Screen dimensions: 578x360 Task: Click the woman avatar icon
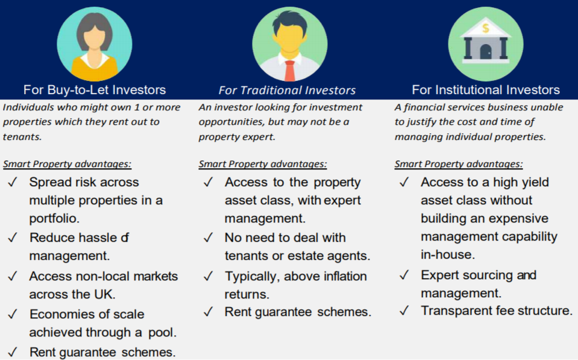click(x=95, y=44)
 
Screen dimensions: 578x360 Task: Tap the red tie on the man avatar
click(x=290, y=71)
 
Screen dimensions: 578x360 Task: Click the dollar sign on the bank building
click(x=485, y=28)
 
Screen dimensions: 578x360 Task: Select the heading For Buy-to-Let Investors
click(x=95, y=90)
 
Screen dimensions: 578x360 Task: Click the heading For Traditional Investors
click(x=287, y=90)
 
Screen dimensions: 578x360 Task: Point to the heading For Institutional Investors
click(x=486, y=90)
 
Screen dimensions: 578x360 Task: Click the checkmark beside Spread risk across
click(x=13, y=182)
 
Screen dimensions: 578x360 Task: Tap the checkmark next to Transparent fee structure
click(x=404, y=311)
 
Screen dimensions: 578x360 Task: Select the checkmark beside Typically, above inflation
click(x=209, y=276)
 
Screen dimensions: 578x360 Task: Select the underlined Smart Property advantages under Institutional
click(x=459, y=164)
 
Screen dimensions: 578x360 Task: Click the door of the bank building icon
click(x=485, y=52)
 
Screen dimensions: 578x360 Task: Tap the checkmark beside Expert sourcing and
click(x=404, y=275)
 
